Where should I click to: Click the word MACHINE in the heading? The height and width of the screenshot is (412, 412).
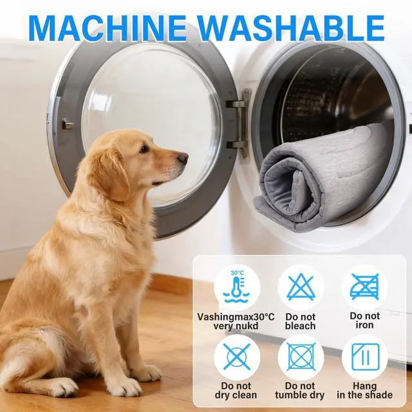(108, 28)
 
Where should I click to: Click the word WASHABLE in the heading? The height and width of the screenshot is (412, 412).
(291, 28)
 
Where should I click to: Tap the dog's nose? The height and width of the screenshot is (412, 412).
(183, 158)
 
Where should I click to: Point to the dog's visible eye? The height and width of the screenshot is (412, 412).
(144, 149)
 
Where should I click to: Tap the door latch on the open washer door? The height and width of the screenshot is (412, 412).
(67, 124)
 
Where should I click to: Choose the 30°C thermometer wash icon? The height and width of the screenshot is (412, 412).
(236, 287)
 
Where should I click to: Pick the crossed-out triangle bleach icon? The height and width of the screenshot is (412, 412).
(301, 287)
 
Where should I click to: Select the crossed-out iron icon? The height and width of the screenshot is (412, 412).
(365, 287)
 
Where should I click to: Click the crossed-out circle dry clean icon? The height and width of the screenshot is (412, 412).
(237, 357)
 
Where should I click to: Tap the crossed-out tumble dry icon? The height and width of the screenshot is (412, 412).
(301, 357)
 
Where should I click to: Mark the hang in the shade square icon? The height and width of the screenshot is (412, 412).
(366, 357)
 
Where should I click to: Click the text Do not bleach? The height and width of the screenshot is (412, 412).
(301, 321)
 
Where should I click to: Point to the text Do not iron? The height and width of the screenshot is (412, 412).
(365, 321)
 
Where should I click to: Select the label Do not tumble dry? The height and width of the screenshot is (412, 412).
(300, 390)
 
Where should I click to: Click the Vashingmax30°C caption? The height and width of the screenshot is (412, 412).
(236, 317)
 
